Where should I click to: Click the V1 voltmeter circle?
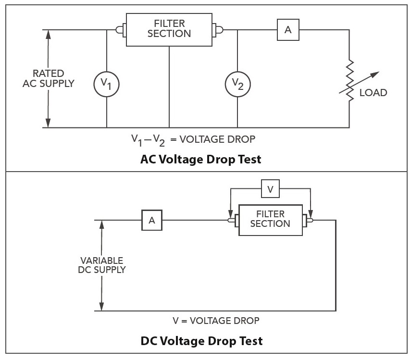click(106, 85)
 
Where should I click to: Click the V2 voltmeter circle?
click(238, 84)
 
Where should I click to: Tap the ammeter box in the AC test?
click(288, 30)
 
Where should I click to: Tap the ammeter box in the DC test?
click(152, 221)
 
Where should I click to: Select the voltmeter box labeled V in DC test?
click(270, 189)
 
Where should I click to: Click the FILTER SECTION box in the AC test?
click(169, 29)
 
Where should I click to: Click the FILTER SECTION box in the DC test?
click(270, 219)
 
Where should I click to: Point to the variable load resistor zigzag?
click(350, 80)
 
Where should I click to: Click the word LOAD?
click(373, 93)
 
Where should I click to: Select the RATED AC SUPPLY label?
click(48, 78)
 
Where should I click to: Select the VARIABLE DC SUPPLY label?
click(101, 265)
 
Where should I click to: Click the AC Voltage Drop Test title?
click(201, 160)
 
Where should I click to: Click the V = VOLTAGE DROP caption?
click(216, 321)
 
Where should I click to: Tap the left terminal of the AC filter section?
click(120, 30)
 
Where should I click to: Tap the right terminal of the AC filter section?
click(218, 30)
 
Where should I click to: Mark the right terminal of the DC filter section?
click(308, 221)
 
